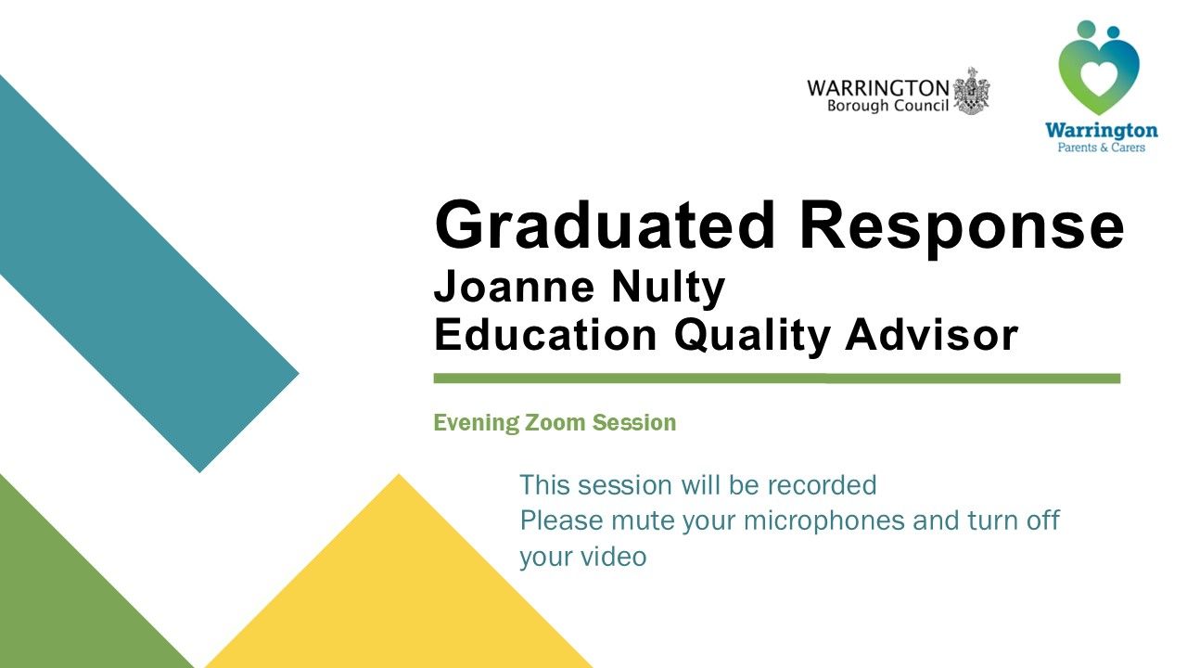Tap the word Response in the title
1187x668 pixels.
coord(962,229)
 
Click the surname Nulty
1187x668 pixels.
coord(669,289)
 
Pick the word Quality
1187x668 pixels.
coord(752,337)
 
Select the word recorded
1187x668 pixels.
coord(822,484)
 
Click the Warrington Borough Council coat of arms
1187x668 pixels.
coord(971,91)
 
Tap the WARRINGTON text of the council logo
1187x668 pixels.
coord(878,87)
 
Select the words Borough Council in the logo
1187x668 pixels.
coord(887,106)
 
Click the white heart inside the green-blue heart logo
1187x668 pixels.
coord(1098,78)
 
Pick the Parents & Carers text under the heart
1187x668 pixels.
coord(1101,148)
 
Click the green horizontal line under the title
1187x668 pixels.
coord(777,378)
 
